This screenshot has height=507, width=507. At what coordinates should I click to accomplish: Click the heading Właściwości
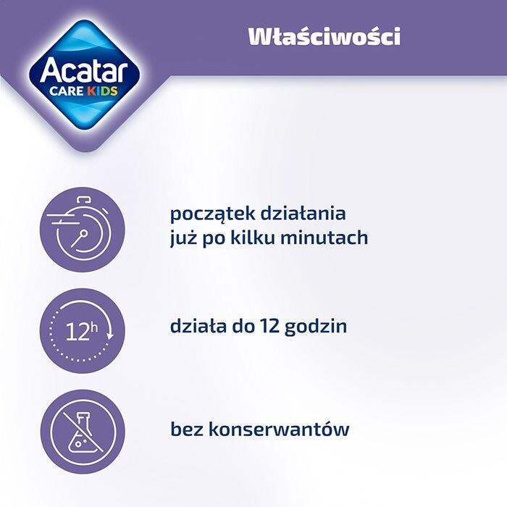coord(324,37)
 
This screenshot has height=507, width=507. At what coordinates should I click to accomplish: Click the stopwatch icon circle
coord(82,227)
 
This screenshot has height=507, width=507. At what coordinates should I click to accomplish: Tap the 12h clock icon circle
coord(82,330)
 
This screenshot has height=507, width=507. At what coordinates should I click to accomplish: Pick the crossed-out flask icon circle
coord(82,432)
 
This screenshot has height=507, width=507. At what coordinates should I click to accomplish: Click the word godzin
coord(316,327)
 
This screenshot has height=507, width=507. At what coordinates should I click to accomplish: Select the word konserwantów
coord(279,429)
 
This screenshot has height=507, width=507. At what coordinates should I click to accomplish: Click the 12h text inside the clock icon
coord(80,332)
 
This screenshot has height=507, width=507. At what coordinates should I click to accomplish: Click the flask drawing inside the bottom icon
coord(83,435)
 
